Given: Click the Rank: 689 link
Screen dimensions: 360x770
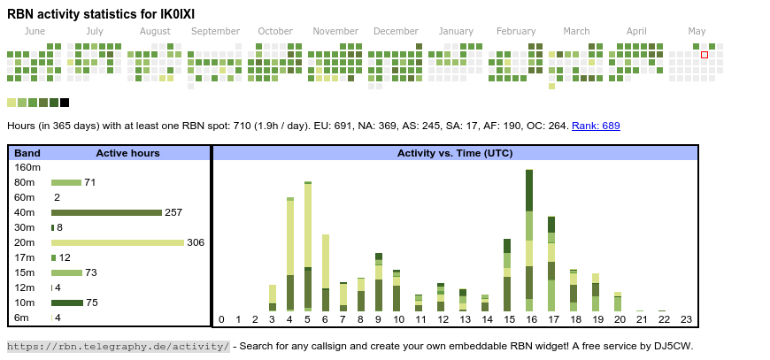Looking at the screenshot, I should click(596, 126).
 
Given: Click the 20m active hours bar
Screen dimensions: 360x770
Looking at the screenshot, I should click(117, 242).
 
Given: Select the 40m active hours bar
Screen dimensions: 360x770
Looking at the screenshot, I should click(106, 212).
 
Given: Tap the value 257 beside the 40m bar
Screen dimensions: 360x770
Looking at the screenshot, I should click(173, 212).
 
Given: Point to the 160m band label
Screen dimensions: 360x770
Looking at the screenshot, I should click(27, 167).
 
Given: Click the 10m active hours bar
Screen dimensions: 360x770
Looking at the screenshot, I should click(67, 303).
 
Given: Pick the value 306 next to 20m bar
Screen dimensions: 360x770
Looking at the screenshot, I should click(196, 242).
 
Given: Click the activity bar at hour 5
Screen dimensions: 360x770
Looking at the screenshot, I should click(308, 247).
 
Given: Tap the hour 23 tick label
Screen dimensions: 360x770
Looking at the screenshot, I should click(686, 319).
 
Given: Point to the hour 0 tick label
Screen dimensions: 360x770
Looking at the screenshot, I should click(221, 319).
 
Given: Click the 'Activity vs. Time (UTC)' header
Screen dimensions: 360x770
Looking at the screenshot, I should click(455, 153).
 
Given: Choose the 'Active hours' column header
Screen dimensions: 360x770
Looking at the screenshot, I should click(127, 153).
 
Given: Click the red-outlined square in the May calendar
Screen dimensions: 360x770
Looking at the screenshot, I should click(705, 55).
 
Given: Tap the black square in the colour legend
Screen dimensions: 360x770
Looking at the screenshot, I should click(65, 103).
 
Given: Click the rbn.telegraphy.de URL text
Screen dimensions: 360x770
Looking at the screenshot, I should click(119, 346).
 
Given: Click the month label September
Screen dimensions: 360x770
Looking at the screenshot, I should click(215, 32).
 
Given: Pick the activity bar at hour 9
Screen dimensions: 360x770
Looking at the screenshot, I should click(379, 282).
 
